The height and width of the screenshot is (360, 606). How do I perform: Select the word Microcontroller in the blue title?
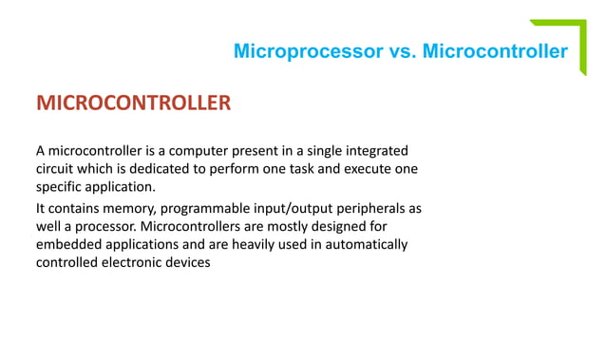pos(495,50)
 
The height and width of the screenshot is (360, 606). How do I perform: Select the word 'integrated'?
pos(375,151)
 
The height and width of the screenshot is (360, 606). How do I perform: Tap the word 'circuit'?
pos(57,169)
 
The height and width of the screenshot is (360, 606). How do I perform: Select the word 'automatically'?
pos(363,245)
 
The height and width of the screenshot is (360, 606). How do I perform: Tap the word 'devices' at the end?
pos(185,263)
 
